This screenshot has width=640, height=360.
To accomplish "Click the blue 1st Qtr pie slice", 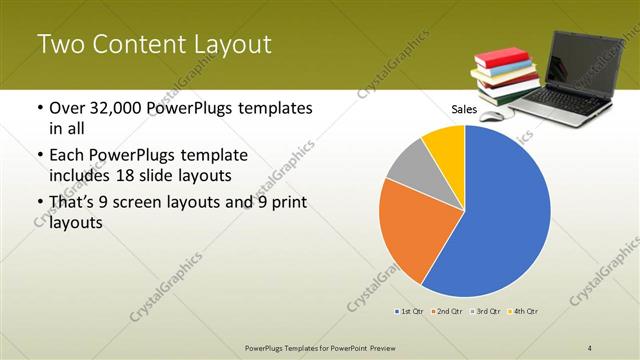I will tap(500, 220).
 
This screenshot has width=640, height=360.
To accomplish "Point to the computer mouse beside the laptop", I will tap(490, 115).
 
